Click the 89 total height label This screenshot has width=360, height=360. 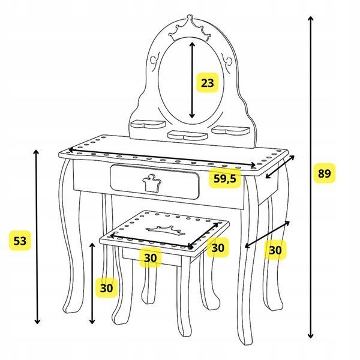[x=324, y=173]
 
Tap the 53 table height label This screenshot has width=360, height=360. [x=20, y=241]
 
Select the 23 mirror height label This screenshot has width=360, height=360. [x=208, y=83]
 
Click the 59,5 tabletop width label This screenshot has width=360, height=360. [x=225, y=178]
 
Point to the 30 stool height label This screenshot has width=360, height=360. [x=107, y=287]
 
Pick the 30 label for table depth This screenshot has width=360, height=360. [x=275, y=250]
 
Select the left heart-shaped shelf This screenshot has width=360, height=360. [x=148, y=124]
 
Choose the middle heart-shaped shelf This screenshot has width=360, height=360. [x=188, y=135]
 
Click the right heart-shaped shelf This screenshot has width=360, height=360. [x=230, y=130]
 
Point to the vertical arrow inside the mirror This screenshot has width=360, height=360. [x=192, y=80]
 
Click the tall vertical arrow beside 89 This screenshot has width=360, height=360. [x=311, y=177]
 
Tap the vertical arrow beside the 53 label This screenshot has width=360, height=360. [x=37, y=236]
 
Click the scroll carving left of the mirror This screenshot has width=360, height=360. [x=155, y=61]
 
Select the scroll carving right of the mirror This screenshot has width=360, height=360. [x=227, y=62]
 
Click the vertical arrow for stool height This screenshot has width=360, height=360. [x=92, y=283]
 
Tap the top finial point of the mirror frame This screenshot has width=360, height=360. [x=190, y=16]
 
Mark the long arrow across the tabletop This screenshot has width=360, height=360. [x=162, y=157]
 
